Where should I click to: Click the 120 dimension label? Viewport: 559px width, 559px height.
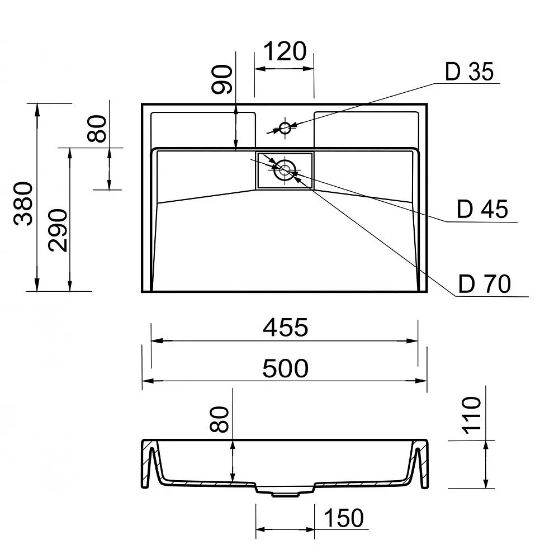(x=285, y=51)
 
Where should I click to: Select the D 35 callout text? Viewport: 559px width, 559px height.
(x=469, y=72)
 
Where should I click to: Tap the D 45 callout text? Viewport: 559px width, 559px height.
(x=482, y=209)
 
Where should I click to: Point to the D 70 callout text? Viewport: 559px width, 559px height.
(x=485, y=284)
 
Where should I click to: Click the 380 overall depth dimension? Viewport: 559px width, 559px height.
(x=23, y=203)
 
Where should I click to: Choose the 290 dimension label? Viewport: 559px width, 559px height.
(x=58, y=231)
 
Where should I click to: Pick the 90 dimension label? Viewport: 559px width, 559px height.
(x=222, y=79)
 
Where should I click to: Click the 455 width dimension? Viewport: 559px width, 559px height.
(x=285, y=327)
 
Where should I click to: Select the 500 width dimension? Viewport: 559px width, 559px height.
(x=285, y=368)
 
